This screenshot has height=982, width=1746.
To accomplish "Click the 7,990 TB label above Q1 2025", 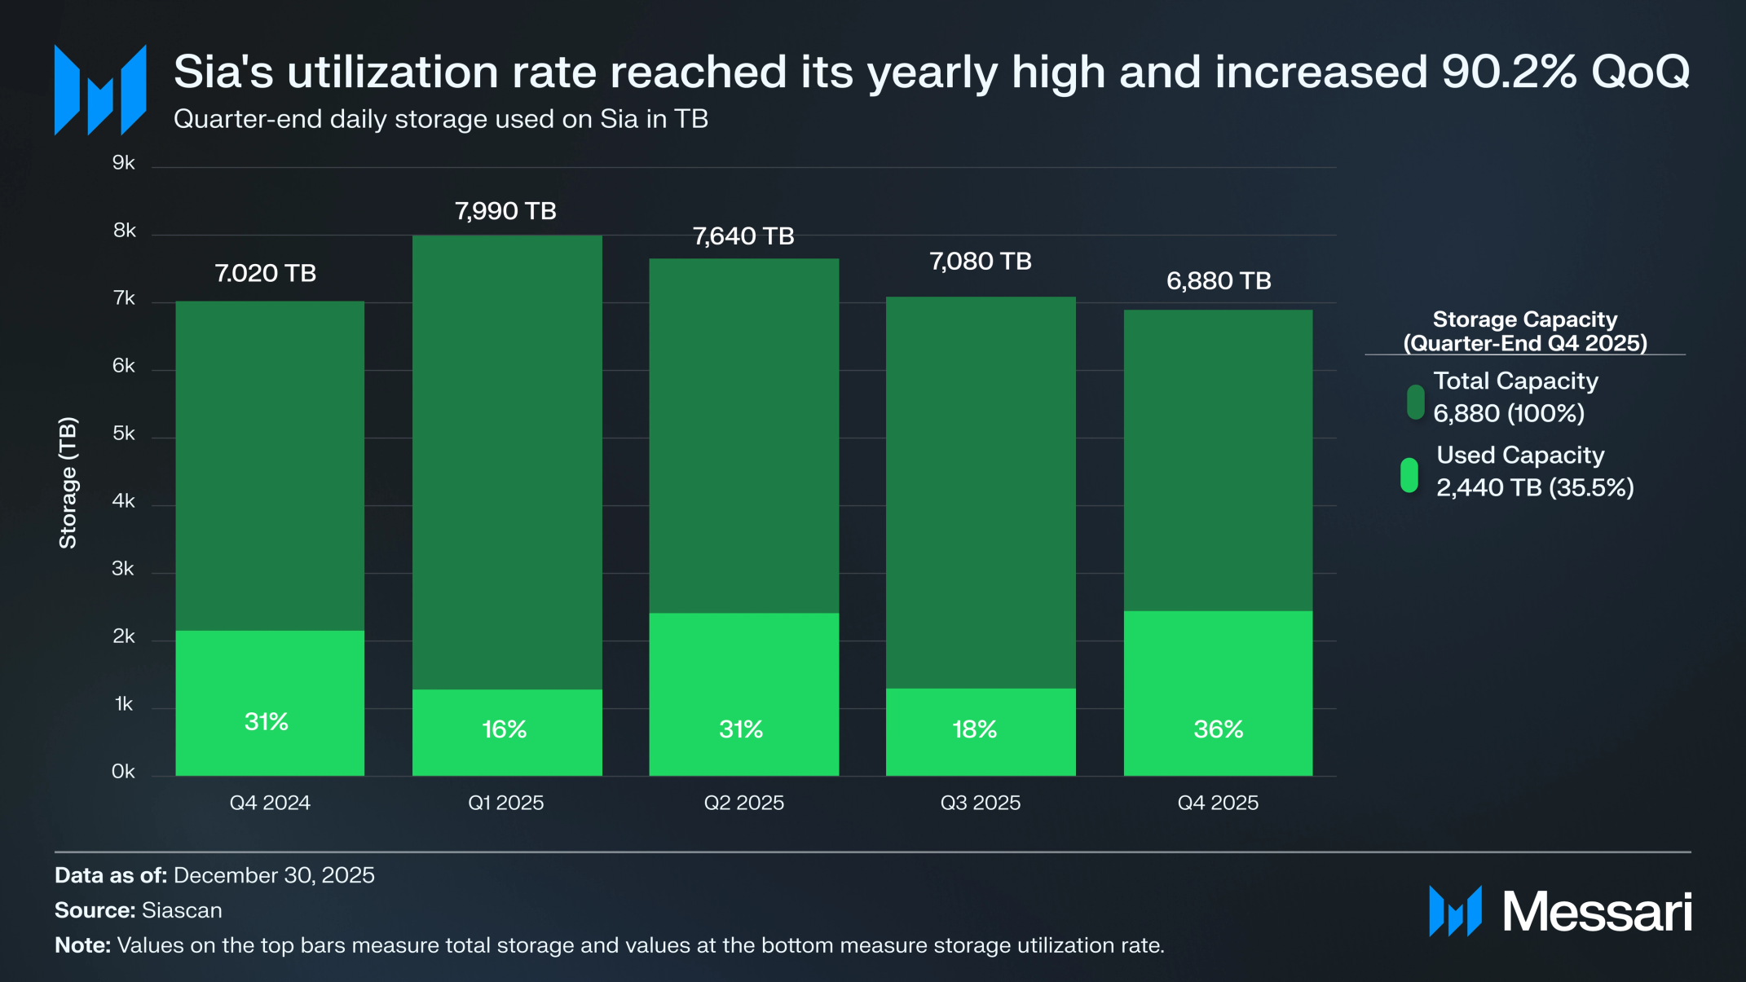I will tap(505, 211).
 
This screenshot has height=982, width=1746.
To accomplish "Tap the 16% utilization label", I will tap(504, 729).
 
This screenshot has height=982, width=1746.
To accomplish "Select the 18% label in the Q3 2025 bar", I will tap(975, 729).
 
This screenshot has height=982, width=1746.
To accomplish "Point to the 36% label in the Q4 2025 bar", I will tap(1218, 729).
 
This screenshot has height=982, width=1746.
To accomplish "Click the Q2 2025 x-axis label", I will tap(743, 803).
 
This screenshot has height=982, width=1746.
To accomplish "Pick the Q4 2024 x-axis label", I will tap(270, 803).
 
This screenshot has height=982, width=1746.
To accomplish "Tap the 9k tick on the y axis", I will tap(124, 163).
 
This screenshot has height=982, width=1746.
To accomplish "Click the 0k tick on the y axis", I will tap(123, 771).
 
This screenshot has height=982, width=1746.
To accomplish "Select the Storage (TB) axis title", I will tap(68, 482).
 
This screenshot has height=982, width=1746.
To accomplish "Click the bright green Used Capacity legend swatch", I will tap(1409, 475).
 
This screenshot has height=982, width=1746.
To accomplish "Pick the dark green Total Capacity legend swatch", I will tap(1415, 402).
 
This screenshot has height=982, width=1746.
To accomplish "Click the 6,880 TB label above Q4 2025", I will tap(1218, 281).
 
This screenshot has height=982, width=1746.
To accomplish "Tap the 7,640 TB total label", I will tap(743, 236).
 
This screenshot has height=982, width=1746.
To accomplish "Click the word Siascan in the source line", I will tap(182, 910).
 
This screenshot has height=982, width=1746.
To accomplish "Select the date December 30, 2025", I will tap(274, 875).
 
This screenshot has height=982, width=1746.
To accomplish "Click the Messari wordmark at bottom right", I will tap(1596, 911).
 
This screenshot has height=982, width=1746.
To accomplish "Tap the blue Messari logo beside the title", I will tap(100, 90).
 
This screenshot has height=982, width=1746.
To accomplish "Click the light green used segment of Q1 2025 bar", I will tap(507, 709).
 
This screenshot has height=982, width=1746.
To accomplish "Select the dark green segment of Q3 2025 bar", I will tap(981, 489).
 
